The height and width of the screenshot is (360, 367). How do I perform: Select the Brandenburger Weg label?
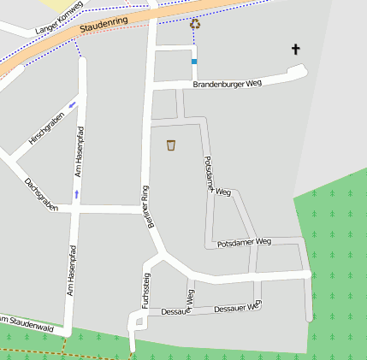pos(227,84)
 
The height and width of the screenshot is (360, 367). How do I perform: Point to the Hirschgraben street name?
pos(45,127)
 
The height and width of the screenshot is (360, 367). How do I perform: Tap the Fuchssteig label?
pos(146,290)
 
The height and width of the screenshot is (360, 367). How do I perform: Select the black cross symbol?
pos(296,50)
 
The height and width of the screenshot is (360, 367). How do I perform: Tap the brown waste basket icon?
pos(171,145)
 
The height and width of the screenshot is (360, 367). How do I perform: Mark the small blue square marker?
pos(194,62)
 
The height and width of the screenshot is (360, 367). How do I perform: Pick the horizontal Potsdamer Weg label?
pos(244,243)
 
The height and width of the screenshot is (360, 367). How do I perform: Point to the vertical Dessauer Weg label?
pos(190,301)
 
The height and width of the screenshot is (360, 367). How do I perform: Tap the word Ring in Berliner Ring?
pos(145,193)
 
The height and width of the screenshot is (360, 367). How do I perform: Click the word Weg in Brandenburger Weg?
pos(252,84)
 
